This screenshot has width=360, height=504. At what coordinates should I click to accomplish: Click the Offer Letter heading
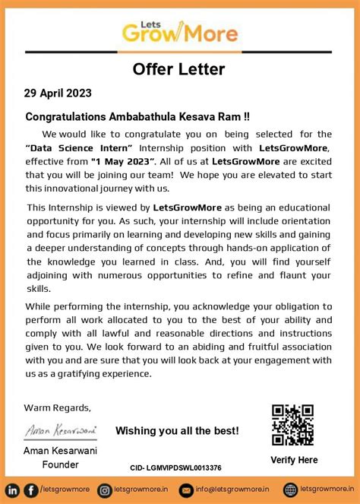point(179,69)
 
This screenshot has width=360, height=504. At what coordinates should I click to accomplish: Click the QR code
point(292,424)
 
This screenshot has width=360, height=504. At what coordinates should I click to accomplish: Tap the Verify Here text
point(294,460)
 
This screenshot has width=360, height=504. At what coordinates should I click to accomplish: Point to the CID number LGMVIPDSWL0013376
point(175,468)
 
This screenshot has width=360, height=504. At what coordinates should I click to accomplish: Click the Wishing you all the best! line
point(177,431)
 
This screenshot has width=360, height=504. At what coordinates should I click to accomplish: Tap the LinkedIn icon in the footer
point(13,490)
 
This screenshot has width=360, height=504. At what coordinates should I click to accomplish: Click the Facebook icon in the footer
point(30,490)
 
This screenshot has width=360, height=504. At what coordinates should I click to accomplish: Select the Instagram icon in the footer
point(103,490)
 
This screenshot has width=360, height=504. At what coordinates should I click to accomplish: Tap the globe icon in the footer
point(290,490)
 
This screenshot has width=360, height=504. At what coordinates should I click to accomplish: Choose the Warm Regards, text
point(58,407)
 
